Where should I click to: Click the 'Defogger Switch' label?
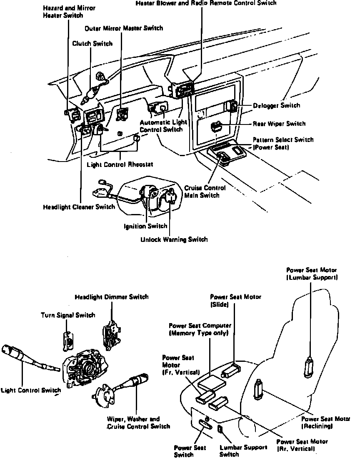click(x=276, y=105)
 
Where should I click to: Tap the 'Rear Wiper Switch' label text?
click(x=279, y=124)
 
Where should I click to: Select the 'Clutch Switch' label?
click(x=92, y=43)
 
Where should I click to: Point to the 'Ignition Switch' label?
click(x=146, y=226)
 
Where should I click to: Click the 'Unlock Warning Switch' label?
click(x=174, y=239)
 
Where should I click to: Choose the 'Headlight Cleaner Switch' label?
click(x=79, y=207)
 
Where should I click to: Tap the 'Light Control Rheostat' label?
click(x=120, y=164)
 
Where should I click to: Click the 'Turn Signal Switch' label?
click(x=68, y=315)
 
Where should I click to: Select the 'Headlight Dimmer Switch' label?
click(x=111, y=297)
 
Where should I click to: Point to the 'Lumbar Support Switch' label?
click(x=237, y=451)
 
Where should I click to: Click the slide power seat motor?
click(x=232, y=369)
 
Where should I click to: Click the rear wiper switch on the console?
click(x=216, y=126)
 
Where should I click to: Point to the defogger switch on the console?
click(x=231, y=106)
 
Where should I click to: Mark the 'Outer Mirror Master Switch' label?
click(x=124, y=28)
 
